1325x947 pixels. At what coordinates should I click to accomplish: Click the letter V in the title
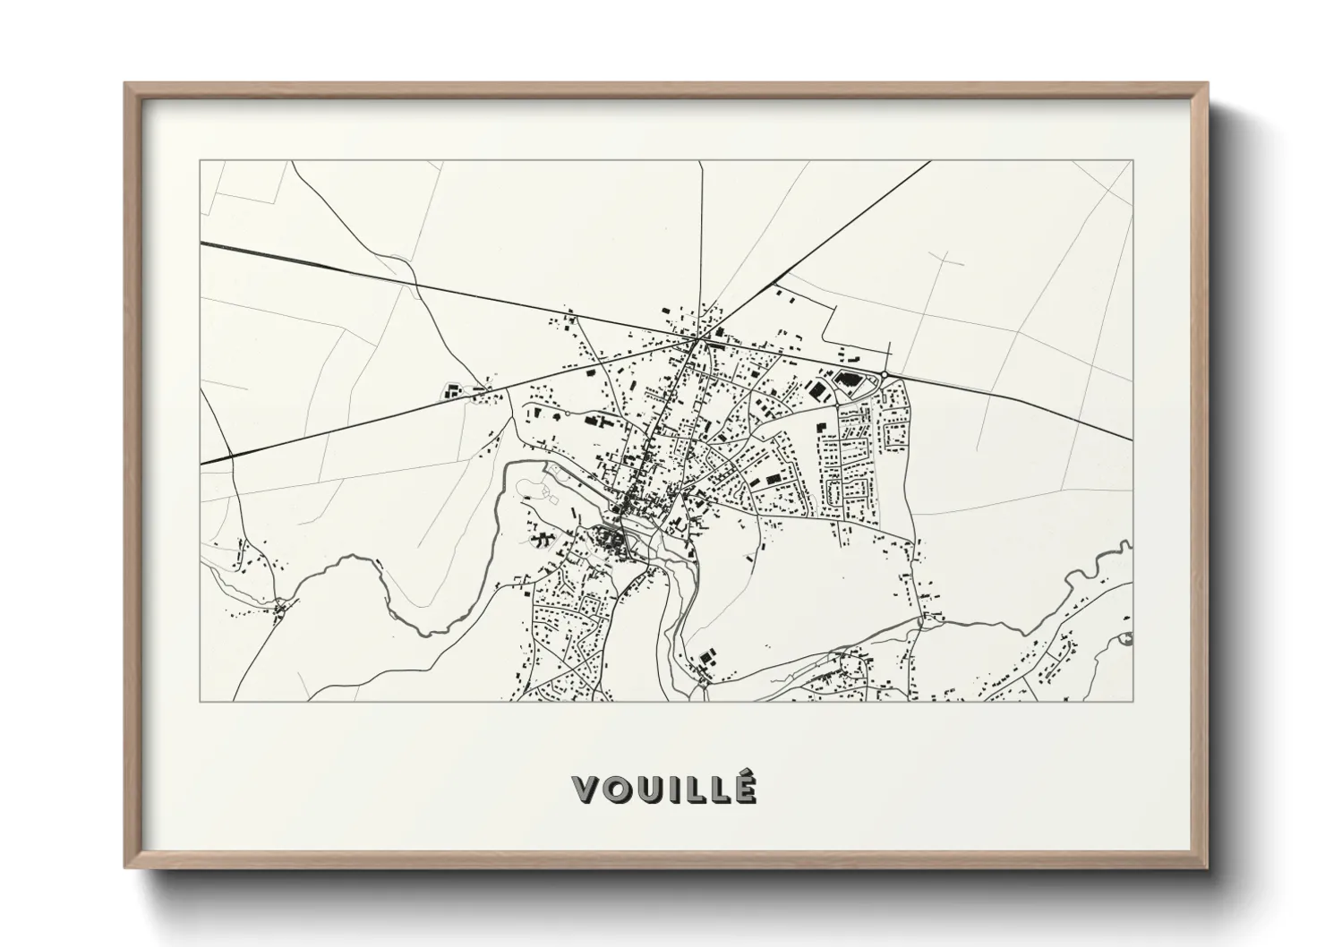click(586, 789)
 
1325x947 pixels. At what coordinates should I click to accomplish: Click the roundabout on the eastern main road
click(884, 374)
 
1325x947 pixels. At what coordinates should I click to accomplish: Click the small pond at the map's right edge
click(1126, 638)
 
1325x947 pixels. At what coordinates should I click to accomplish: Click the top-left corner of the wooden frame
click(126, 84)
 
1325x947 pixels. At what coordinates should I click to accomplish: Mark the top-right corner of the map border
click(1133, 161)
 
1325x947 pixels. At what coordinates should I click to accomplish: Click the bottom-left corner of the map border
click(201, 702)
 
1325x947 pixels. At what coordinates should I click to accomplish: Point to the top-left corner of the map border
click(201, 161)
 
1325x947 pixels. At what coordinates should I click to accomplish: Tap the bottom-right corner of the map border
click(1133, 702)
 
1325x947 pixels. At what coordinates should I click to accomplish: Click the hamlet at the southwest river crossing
click(280, 609)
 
